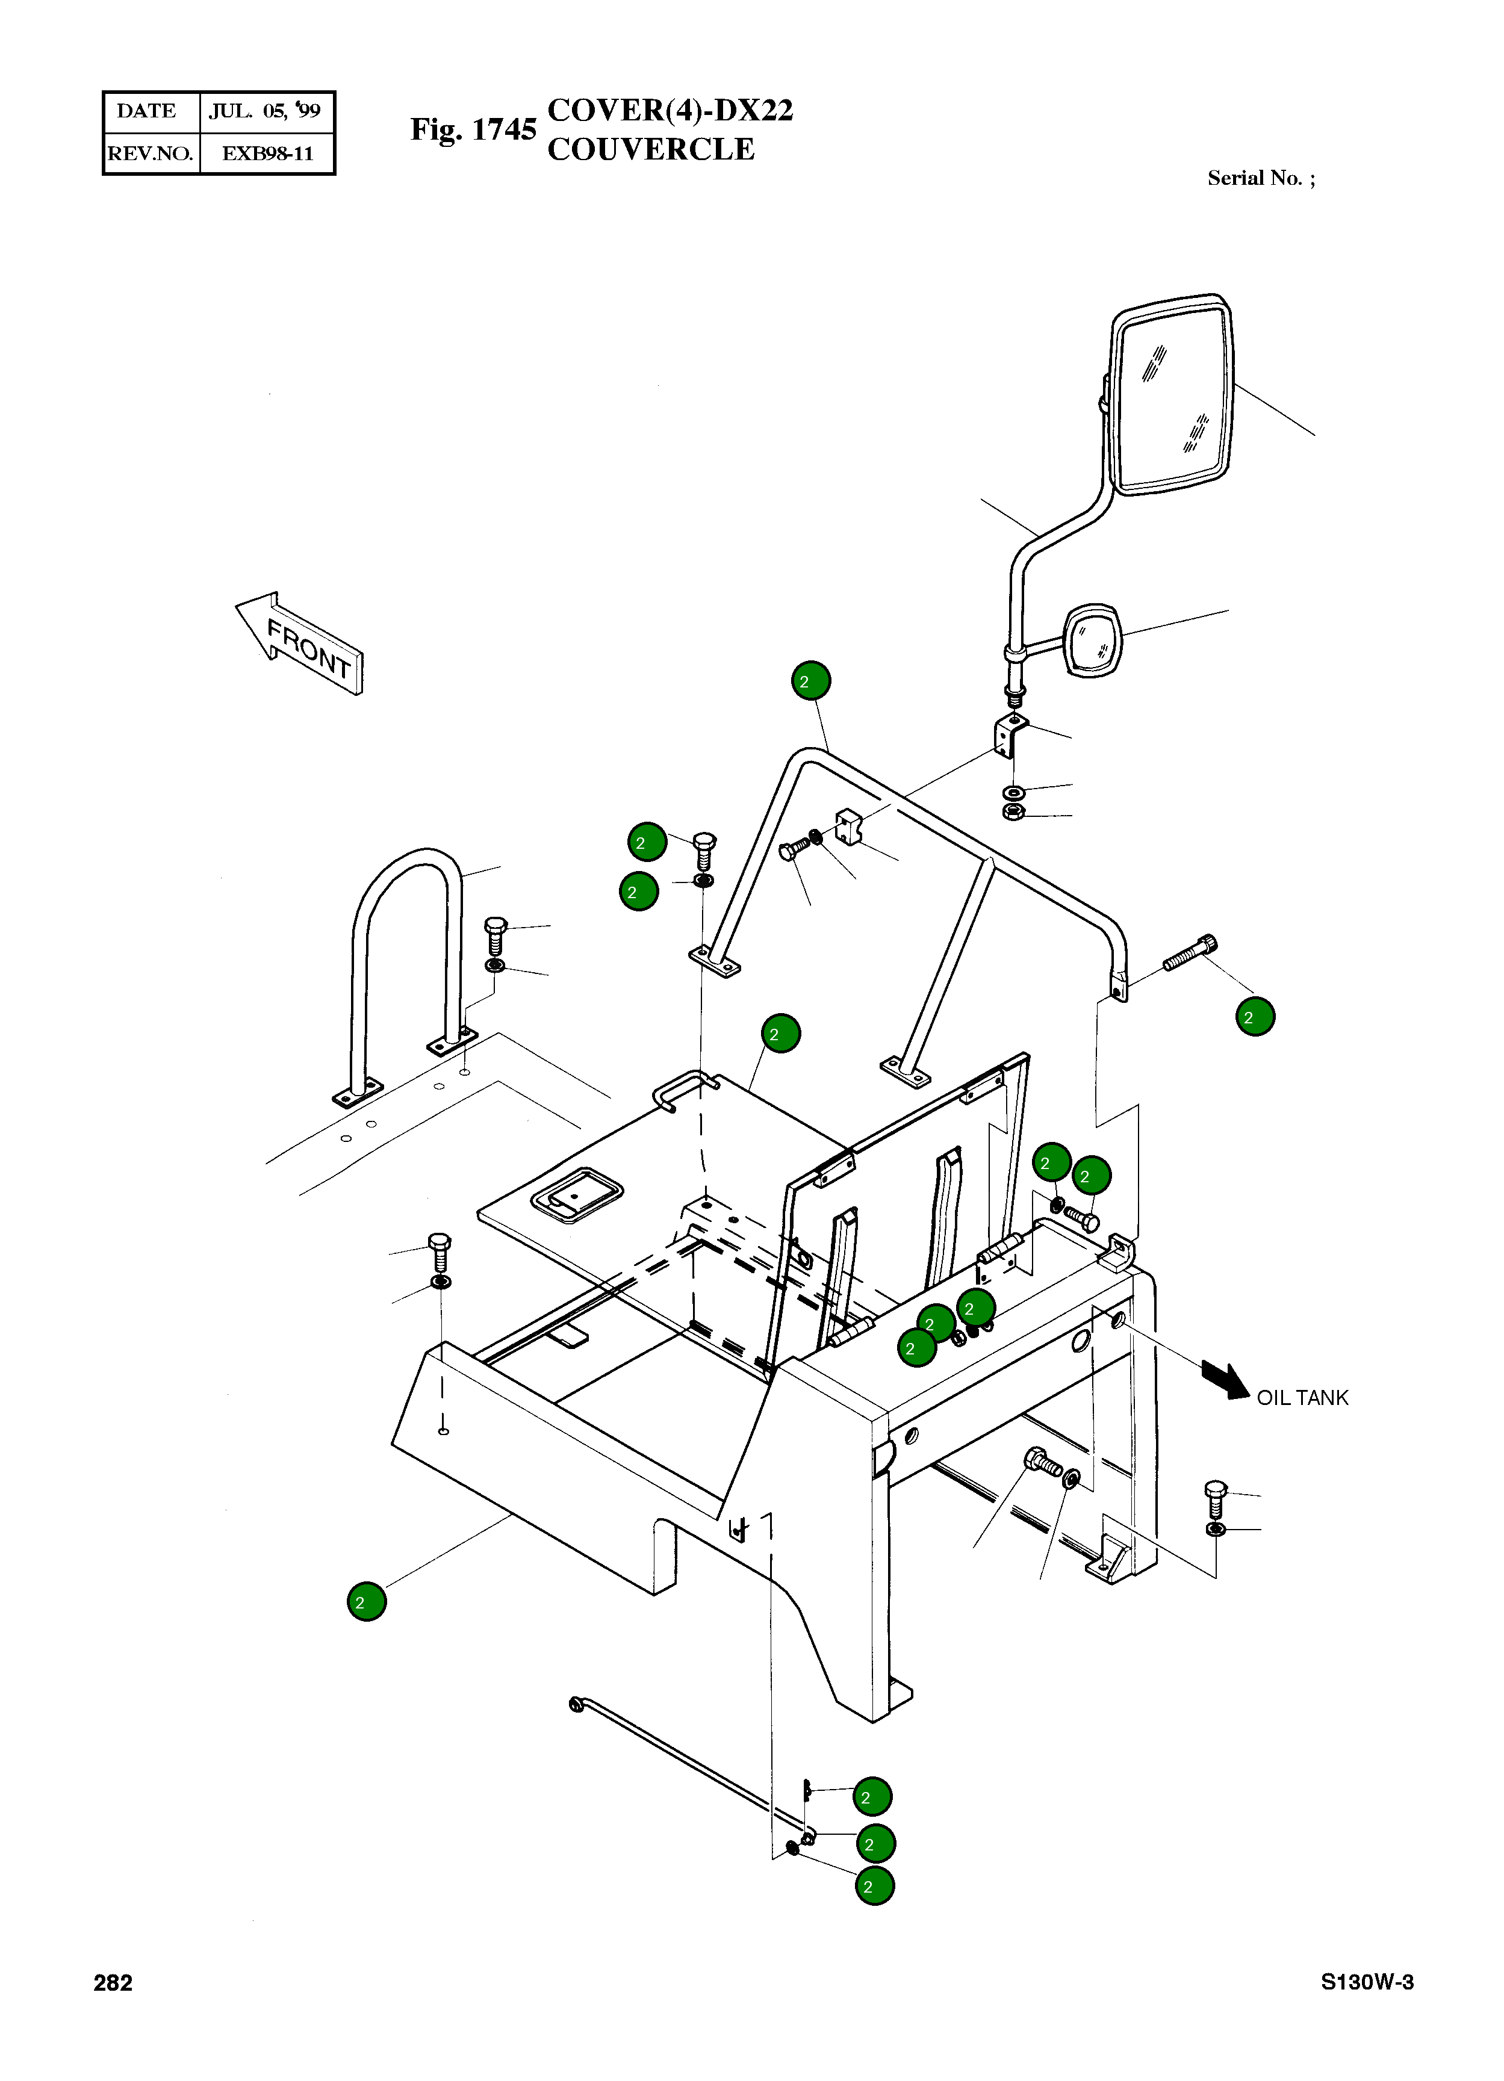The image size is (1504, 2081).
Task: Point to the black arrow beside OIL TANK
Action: pyautogui.click(x=1227, y=1378)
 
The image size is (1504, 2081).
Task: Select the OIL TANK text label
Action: pyautogui.click(x=1302, y=1397)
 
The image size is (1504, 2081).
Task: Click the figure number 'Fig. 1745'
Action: pyautogui.click(x=473, y=129)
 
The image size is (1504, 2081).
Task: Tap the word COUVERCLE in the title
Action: pyautogui.click(x=651, y=149)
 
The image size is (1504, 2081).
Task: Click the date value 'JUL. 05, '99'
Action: pyautogui.click(x=265, y=111)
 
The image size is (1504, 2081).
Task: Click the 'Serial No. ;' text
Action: pyautogui.click(x=1261, y=178)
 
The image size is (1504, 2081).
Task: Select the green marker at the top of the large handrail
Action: pyautogui.click(x=811, y=681)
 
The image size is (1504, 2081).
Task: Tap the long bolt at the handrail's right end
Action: pyautogui.click(x=1190, y=952)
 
